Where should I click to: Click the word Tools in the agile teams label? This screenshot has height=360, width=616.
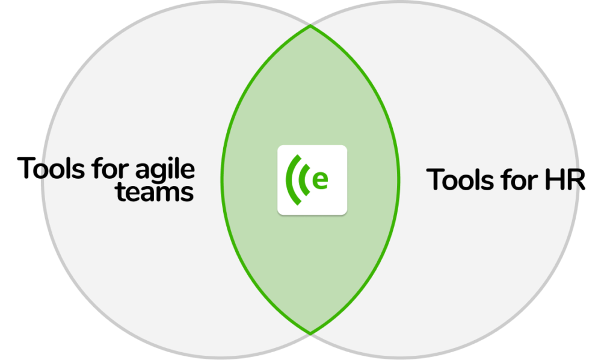[51, 168]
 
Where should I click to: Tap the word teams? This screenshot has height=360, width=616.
[155, 192]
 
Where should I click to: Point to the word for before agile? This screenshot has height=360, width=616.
[110, 168]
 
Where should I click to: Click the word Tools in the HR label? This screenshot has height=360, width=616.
[460, 179]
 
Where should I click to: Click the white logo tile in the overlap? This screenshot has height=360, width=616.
[312, 180]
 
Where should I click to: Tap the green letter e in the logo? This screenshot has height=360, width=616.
[320, 180]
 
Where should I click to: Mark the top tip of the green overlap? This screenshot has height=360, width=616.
[310, 26]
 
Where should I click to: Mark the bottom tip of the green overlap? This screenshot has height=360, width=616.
[310, 334]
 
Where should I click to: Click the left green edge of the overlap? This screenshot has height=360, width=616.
[222, 180]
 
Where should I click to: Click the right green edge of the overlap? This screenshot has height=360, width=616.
[399, 180]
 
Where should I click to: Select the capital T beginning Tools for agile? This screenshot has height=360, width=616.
[27, 168]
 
